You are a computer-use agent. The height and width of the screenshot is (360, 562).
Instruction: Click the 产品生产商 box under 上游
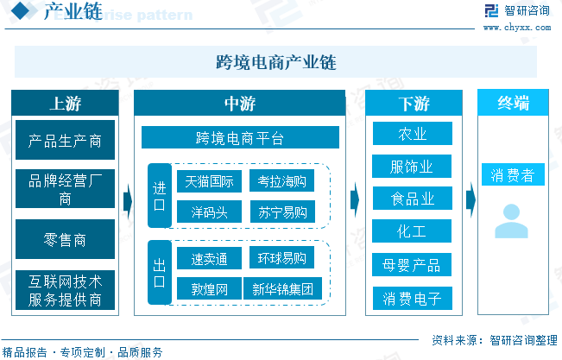point(65,139)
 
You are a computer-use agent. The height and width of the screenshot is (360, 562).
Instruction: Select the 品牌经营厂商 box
point(65,189)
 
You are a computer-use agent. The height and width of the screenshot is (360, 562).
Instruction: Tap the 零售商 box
point(65,239)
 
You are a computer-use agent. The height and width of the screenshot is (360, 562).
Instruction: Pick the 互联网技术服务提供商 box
point(65,290)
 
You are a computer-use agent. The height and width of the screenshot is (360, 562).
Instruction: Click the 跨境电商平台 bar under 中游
point(240,138)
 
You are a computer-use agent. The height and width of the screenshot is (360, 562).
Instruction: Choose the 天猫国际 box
point(205,181)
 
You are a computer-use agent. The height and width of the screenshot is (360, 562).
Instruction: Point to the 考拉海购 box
point(281,181)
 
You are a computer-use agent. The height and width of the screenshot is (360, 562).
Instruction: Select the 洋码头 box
point(205,212)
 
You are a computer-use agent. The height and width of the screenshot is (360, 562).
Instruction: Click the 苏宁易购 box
point(281,212)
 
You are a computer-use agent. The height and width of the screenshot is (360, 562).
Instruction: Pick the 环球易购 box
point(281,257)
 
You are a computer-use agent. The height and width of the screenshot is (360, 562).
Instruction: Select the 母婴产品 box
point(412,264)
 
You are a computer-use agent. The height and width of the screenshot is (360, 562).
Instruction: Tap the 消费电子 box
point(412,299)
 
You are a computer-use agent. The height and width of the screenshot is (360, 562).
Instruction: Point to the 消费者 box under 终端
point(513,176)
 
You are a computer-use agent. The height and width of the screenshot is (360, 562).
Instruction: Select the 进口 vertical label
point(159,196)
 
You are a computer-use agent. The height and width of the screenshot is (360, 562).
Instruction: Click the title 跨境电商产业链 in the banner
point(275,62)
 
